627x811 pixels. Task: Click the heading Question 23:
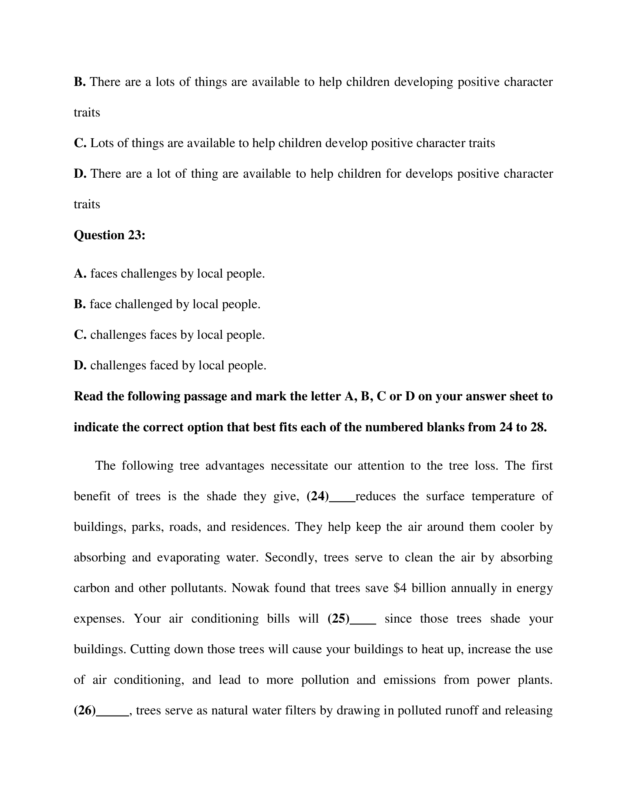[x=109, y=235]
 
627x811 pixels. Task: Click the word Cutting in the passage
[x=150, y=650]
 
